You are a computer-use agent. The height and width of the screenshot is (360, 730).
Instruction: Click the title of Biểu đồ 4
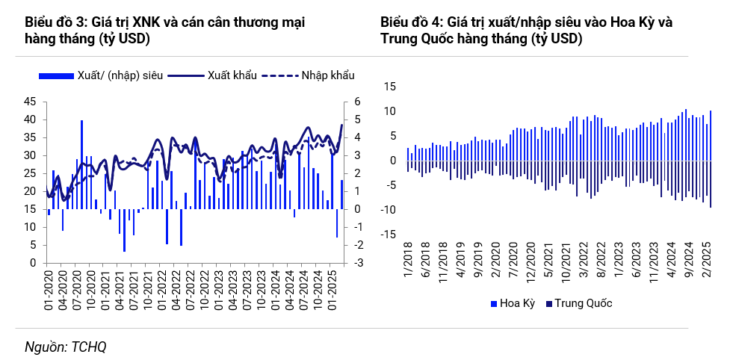tap(526, 31)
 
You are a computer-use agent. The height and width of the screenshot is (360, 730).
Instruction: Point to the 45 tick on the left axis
tap(31, 102)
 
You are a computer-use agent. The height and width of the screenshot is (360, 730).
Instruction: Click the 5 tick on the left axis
tap(34, 245)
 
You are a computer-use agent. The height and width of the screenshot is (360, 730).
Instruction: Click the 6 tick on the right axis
tap(357, 102)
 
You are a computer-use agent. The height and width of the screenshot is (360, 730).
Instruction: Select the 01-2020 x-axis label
tap(46, 288)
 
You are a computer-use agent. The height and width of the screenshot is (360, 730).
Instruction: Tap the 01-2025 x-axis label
tap(330, 288)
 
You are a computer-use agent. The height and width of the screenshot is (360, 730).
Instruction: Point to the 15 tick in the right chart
tap(389, 87)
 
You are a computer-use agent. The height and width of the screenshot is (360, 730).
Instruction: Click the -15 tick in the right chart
tap(387, 235)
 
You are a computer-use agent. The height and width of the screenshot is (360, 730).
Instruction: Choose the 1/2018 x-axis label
tap(408, 265)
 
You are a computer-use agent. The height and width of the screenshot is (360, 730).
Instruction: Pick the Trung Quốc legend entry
tap(579, 303)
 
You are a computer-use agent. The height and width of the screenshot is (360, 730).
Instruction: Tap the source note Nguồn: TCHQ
tap(66, 347)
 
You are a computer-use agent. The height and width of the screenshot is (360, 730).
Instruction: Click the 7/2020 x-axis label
tap(512, 265)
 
